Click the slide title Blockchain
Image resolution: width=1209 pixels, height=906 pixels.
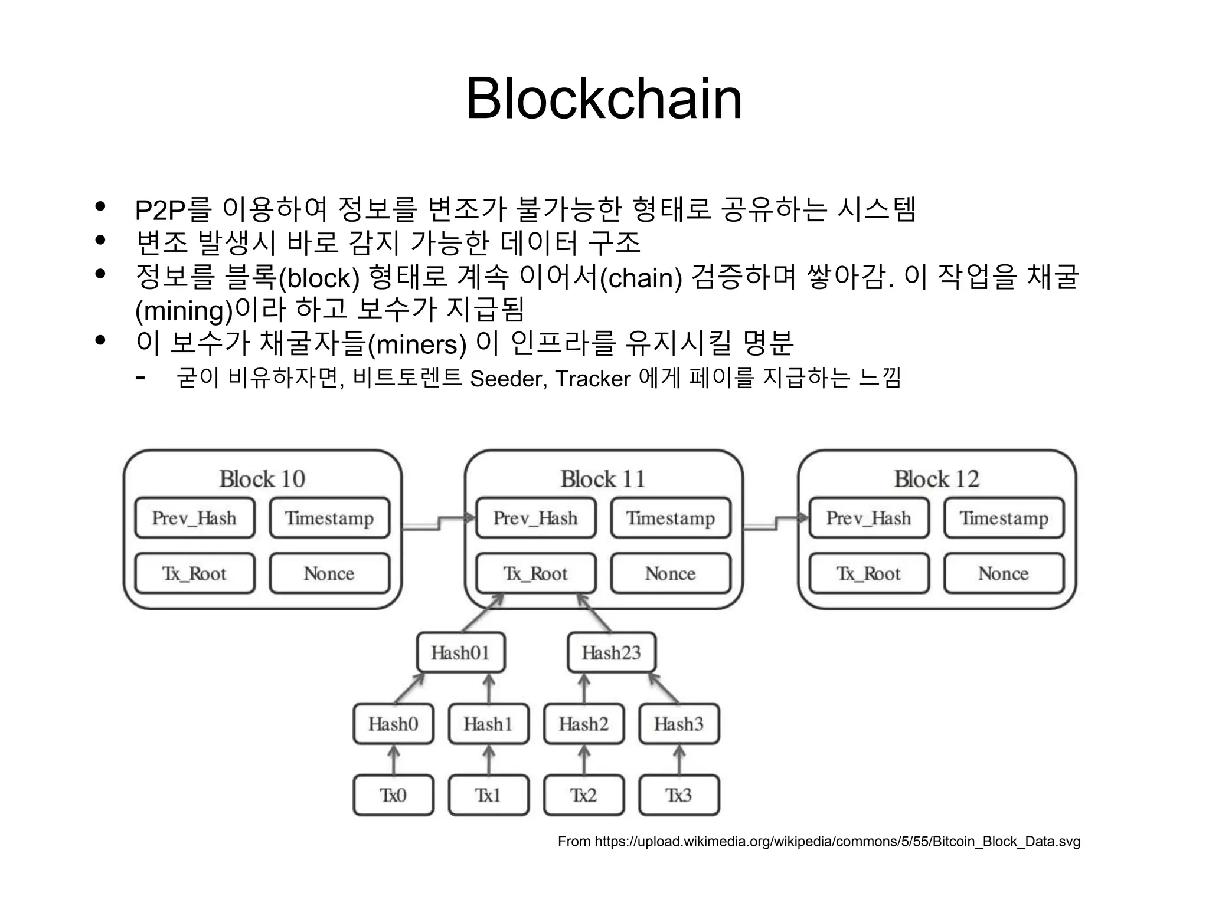603,99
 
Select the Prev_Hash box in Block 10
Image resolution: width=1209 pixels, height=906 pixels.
194,518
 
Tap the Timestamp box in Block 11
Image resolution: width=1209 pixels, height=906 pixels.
671,518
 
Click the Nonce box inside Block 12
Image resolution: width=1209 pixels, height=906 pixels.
1004,573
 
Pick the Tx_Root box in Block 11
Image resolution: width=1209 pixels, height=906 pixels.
535,573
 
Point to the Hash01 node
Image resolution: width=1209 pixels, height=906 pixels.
460,652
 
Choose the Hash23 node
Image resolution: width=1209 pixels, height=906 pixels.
611,652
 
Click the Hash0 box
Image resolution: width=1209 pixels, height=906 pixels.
393,724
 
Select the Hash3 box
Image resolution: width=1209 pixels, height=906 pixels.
679,724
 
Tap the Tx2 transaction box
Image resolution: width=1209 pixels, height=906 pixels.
583,795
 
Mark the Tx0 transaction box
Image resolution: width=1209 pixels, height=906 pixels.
393,795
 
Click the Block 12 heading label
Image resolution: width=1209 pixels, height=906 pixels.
936,479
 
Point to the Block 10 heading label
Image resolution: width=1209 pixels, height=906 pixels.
262,479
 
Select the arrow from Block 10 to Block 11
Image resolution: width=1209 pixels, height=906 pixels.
439,522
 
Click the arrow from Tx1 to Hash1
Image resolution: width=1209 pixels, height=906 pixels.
488,760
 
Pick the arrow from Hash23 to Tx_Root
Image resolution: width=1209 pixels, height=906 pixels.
594,613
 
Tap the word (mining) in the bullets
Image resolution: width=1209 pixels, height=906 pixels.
184,311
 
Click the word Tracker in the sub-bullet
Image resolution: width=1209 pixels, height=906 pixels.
593,379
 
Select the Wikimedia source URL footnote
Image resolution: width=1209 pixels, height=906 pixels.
819,841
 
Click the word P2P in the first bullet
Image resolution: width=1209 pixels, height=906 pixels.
160,210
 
